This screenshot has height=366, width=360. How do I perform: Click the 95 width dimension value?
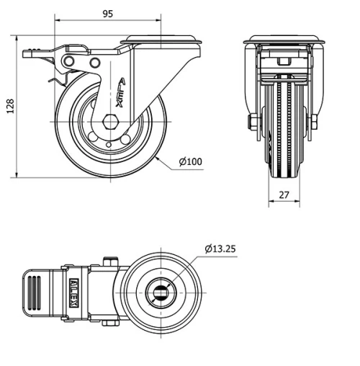pyautogui.click(x=107, y=14)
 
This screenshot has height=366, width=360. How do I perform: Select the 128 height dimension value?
pyautogui.click(x=9, y=106)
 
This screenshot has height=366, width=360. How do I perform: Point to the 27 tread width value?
pyautogui.click(x=283, y=195)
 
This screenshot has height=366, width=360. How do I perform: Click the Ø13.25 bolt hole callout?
pyautogui.click(x=220, y=249)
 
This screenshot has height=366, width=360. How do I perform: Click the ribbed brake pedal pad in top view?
pyautogui.click(x=35, y=293)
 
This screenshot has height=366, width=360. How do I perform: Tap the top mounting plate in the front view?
pyautogui.click(x=282, y=40)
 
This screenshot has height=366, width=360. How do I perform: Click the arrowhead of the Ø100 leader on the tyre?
pyautogui.click(x=156, y=156)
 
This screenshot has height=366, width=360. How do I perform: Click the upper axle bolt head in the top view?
pyautogui.click(x=110, y=261)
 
